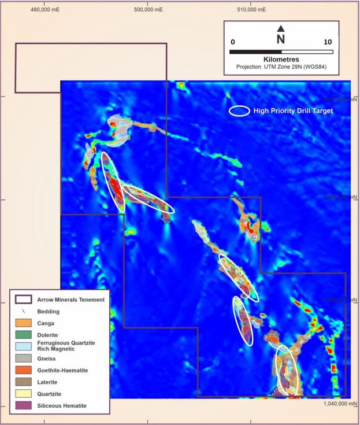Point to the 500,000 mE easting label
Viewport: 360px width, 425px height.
(x=147, y=10)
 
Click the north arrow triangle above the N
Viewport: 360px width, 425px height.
(x=281, y=28)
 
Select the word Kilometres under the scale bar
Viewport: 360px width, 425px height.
(x=281, y=59)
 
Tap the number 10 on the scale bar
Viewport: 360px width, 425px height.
(x=328, y=42)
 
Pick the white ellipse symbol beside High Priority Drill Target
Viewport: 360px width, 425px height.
(x=240, y=110)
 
